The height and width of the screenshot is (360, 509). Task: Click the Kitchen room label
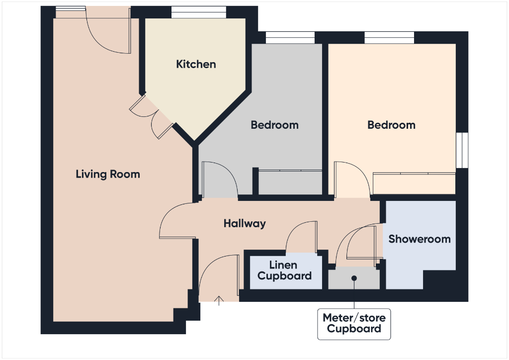pyautogui.click(x=196, y=64)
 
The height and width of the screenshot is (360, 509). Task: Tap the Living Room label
pyautogui.click(x=108, y=174)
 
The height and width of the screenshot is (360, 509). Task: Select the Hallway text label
pyautogui.click(x=245, y=224)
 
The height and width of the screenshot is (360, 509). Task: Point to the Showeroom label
pyautogui.click(x=420, y=239)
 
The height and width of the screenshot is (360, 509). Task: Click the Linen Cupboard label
pyautogui.click(x=284, y=270)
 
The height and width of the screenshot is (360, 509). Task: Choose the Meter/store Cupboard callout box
pyautogui.click(x=354, y=323)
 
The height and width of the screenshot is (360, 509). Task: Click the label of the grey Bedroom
pyautogui.click(x=274, y=125)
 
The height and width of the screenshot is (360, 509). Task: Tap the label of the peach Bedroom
pyautogui.click(x=391, y=125)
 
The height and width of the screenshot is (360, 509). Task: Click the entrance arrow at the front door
pyautogui.click(x=219, y=299)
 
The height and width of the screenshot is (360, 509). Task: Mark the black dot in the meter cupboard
pyautogui.click(x=354, y=278)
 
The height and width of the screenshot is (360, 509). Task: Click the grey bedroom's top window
pyautogui.click(x=290, y=37)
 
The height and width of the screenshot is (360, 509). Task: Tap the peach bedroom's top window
pyautogui.click(x=389, y=37)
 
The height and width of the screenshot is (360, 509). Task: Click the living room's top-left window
pyautogui.click(x=70, y=8)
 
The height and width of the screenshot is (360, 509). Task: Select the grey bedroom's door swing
pyautogui.click(x=219, y=179)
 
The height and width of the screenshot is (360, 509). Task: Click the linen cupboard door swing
pyautogui.click(x=302, y=236)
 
